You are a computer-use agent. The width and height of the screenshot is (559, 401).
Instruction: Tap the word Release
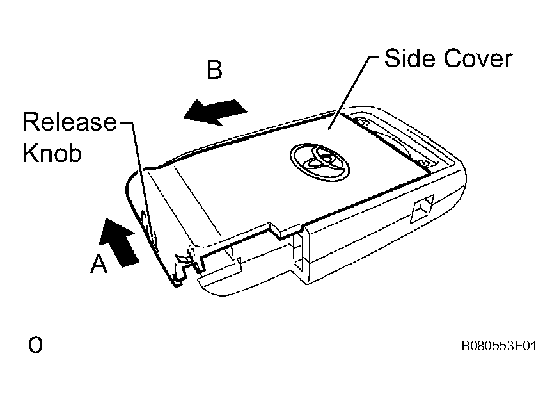coord(70,122)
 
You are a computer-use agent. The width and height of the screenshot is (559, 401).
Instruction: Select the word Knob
coord(52,153)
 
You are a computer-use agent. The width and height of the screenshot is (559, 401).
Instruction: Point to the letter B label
coord(215,70)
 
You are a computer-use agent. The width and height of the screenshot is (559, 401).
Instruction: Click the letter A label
coord(98,264)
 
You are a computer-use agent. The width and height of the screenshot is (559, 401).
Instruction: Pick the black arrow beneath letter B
coord(215,111)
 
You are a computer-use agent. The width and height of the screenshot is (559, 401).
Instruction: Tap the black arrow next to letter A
coord(119,243)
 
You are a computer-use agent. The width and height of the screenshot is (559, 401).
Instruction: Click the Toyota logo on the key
coord(319,162)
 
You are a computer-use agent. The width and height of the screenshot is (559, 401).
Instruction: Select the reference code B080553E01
coord(499,346)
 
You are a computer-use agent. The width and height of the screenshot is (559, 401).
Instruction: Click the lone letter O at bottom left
coord(36,345)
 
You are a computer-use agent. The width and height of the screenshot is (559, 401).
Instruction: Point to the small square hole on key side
coord(421,209)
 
